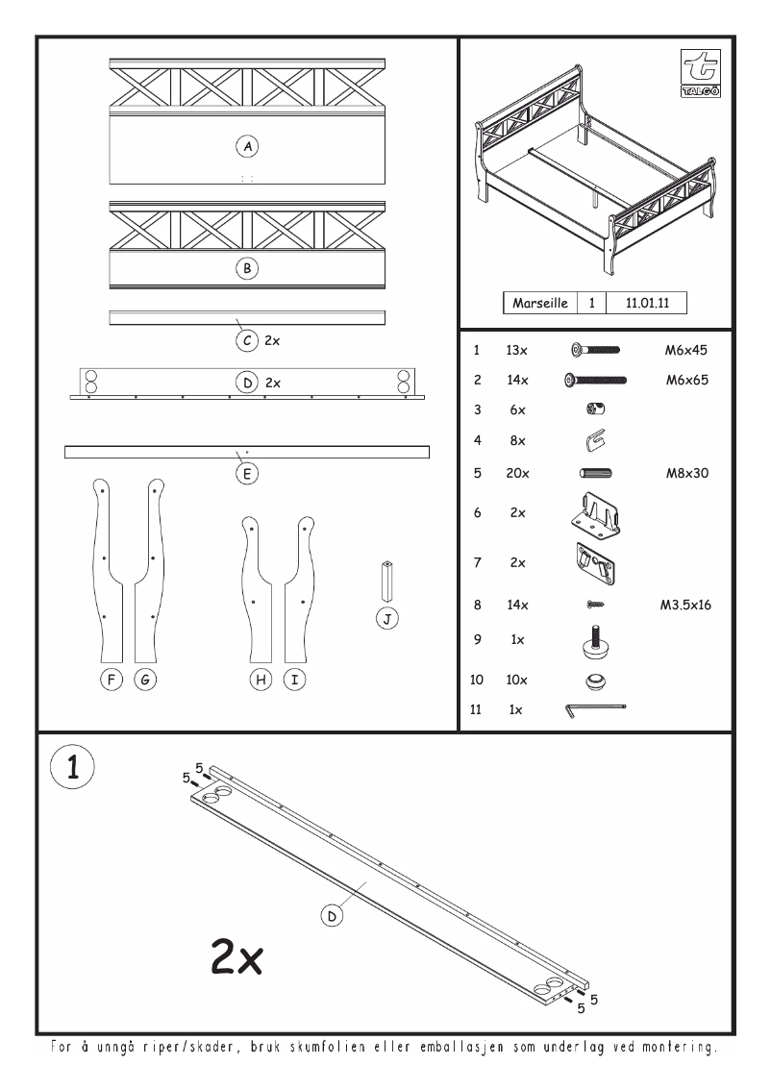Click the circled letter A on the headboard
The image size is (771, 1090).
tap(247, 146)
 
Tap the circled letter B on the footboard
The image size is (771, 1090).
tap(247, 269)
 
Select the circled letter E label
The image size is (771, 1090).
tap(247, 472)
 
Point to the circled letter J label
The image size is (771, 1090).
tap(386, 618)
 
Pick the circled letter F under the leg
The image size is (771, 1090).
tap(112, 680)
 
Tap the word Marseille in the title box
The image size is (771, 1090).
tap(542, 302)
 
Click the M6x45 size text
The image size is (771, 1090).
tap(686, 351)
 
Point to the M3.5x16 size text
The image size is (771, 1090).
tap(685, 606)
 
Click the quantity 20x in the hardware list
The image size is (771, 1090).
tap(517, 472)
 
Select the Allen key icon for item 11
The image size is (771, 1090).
tap(595, 710)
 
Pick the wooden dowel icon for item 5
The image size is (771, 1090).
tap(596, 472)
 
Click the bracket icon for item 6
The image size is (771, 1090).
tap(596, 513)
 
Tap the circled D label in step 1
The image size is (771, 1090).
tap(332, 916)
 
